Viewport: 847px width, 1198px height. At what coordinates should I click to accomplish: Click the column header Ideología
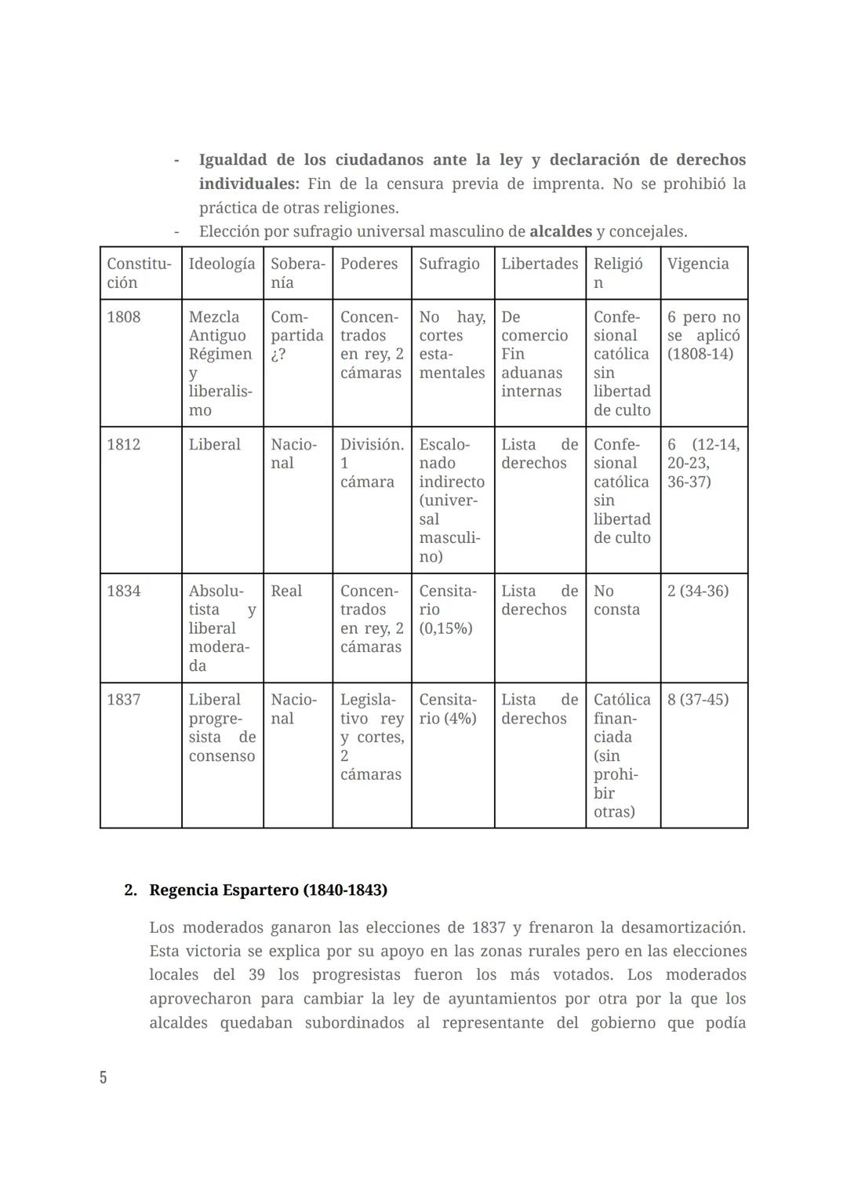pos(222,264)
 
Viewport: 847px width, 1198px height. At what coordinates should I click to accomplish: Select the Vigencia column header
pos(697,264)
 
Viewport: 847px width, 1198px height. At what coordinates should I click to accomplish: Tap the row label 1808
pos(124,317)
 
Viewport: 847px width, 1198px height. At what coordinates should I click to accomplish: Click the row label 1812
pos(124,445)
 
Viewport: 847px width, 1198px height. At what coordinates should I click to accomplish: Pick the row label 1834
pos(124,591)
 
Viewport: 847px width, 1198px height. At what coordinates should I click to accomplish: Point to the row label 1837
pos(124,700)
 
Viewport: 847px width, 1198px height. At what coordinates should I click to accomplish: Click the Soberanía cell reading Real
pos(286,591)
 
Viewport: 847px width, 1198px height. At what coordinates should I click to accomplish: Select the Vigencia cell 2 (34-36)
pos(697,591)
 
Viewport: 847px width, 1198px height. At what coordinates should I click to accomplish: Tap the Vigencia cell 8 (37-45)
pos(697,700)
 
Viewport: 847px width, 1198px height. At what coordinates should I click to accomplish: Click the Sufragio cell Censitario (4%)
pos(448,709)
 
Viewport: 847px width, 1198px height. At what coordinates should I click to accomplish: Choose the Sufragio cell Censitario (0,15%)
pos(448,610)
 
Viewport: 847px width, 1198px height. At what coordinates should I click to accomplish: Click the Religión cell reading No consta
pos(616,600)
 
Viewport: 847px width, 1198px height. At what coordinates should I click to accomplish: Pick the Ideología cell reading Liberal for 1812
pos(214,445)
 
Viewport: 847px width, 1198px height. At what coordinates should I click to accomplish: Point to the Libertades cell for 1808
pos(534,354)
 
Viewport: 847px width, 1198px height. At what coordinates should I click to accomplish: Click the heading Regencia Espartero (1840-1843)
pos(267,890)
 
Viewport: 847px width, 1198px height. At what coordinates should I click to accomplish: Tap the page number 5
pos(103,1077)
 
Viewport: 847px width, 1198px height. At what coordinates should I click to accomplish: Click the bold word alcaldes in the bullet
pos(560,231)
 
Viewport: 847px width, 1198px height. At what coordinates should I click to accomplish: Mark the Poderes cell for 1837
pos(372,737)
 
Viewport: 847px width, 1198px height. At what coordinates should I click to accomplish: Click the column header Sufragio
pos(449,264)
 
